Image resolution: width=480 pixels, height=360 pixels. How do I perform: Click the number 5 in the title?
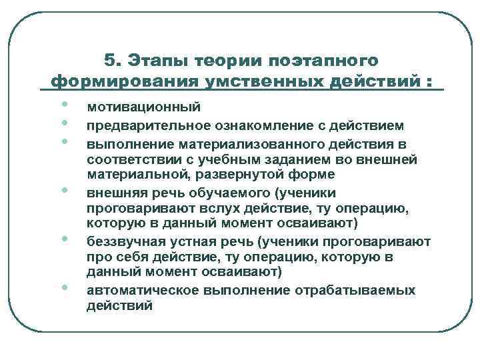pos(110,61)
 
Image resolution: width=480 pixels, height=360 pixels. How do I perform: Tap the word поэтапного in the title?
pos(323,61)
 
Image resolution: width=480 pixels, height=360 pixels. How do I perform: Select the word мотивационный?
pos(134,108)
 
